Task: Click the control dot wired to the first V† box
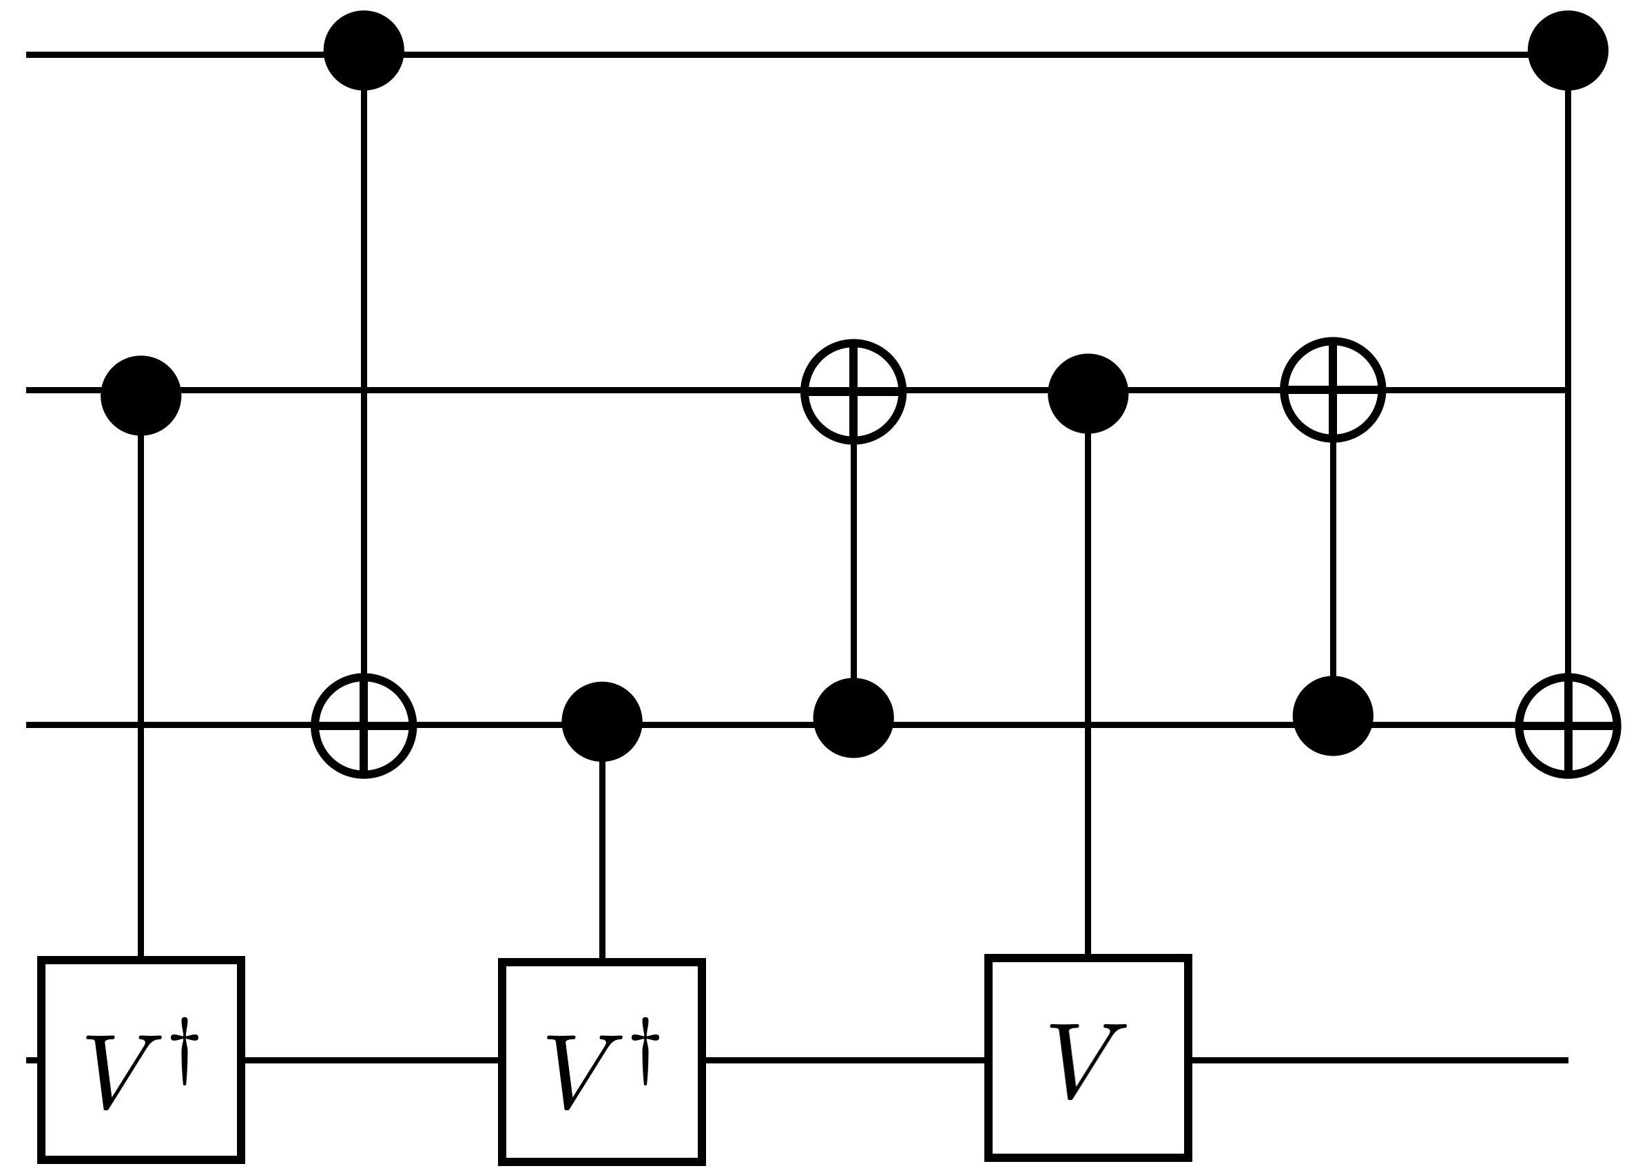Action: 141,395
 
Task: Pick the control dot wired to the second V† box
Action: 602,721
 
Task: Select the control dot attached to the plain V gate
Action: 1088,394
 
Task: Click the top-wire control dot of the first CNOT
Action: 364,50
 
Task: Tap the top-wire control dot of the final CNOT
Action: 1568,50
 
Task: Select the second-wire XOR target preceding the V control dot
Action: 853,392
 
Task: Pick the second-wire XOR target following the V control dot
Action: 1333,390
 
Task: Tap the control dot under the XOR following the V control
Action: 1333,716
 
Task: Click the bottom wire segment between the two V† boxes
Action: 371,1060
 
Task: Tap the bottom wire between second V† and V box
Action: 844,1060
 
